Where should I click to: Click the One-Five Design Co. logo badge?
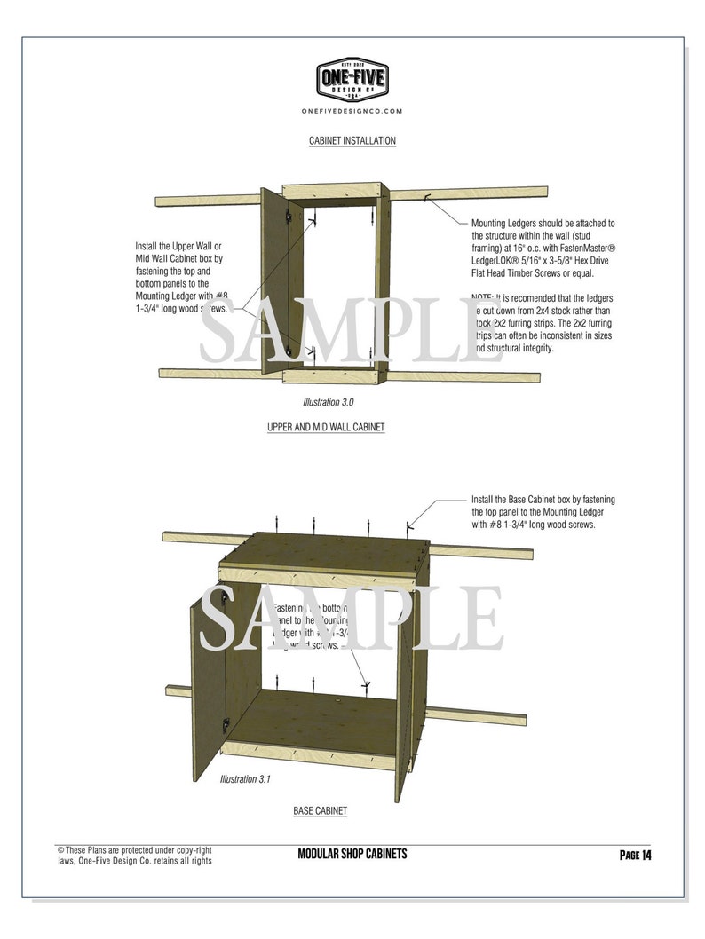coord(352,79)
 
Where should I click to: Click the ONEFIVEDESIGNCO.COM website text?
coord(352,111)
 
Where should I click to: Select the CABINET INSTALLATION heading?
coord(352,141)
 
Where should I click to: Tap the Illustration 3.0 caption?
coord(328,402)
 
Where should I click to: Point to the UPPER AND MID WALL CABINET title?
coord(326,427)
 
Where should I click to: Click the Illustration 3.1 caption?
coord(245,779)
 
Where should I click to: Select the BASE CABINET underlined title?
coord(320,811)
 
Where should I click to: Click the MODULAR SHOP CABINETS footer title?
coord(352,854)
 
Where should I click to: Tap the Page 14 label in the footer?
coord(635,855)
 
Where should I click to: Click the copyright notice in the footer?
coord(134,855)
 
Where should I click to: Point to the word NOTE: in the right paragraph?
coord(484,298)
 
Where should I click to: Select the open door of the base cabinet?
coord(207,688)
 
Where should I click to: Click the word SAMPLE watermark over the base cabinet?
coord(350,618)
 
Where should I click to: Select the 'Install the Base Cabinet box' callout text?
coord(543,512)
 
